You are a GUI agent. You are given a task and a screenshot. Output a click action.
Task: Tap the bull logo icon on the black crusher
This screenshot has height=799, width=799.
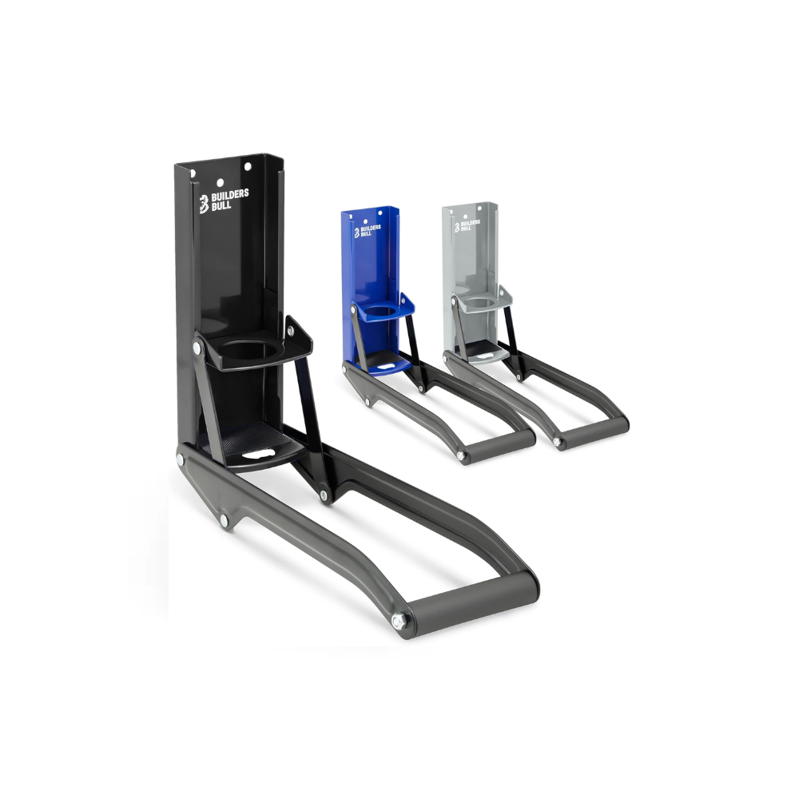(205, 203)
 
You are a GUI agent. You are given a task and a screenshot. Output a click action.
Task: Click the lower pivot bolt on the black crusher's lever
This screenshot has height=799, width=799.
(223, 522)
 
